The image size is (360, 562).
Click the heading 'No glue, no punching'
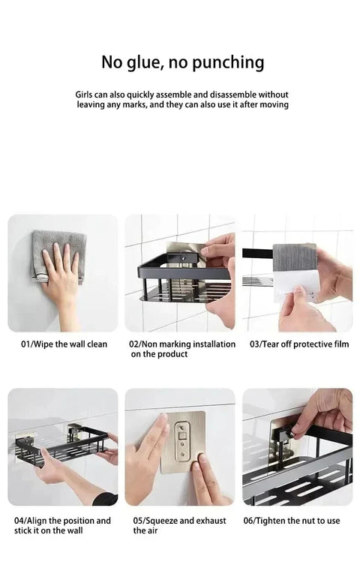[182, 62]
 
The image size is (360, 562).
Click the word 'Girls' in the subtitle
[85, 95]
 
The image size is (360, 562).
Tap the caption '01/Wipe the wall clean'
[64, 344]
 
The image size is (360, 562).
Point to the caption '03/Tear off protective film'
[299, 344]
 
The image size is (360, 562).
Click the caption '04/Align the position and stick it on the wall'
[62, 525]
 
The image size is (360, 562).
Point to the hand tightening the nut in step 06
[322, 413]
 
